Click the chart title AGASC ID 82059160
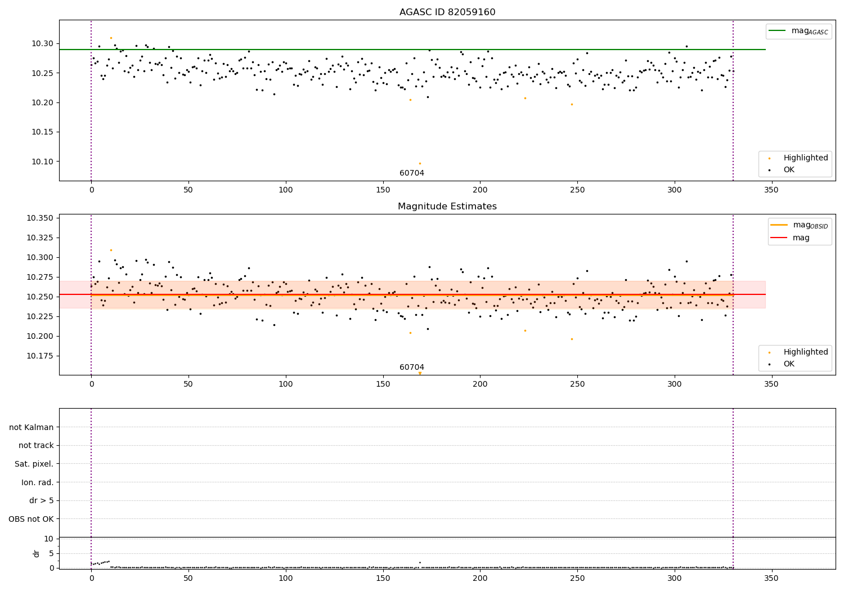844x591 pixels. tap(447, 12)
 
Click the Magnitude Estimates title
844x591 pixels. tap(447, 207)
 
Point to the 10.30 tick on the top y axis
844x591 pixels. tap(42, 43)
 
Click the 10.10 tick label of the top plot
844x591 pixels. tap(42, 162)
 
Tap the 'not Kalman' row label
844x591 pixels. tap(32, 427)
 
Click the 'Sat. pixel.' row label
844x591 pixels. tap(34, 464)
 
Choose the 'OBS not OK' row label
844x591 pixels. tap(31, 519)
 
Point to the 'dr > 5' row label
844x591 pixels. tap(41, 500)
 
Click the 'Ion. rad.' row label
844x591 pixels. tap(37, 482)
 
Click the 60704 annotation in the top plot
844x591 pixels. tap(412, 173)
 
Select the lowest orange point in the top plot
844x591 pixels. tap(420, 164)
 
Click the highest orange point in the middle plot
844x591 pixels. tap(111, 250)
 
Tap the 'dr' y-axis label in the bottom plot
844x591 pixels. tap(37, 553)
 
